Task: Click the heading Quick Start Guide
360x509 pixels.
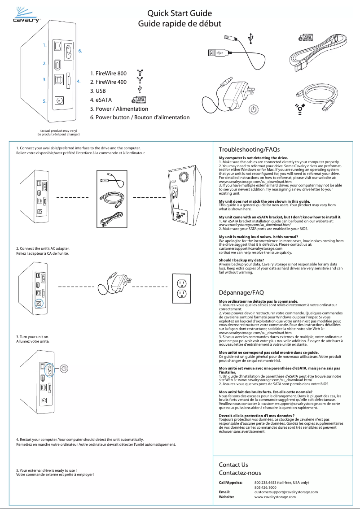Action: (x=180, y=13)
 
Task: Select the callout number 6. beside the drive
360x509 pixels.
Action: (x=80, y=51)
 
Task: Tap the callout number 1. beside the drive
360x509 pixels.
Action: (x=44, y=45)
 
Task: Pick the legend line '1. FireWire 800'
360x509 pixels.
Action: (x=108, y=73)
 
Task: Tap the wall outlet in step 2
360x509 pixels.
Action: (x=182, y=288)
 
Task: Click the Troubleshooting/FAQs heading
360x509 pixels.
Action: (x=249, y=149)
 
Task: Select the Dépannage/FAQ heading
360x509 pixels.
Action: (x=241, y=292)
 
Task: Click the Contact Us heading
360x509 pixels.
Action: (x=233, y=465)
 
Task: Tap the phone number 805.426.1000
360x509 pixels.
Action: (x=265, y=487)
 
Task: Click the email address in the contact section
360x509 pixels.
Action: (x=286, y=492)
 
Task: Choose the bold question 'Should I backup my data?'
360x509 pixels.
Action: (x=241, y=261)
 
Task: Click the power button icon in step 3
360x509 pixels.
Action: (x=66, y=369)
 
